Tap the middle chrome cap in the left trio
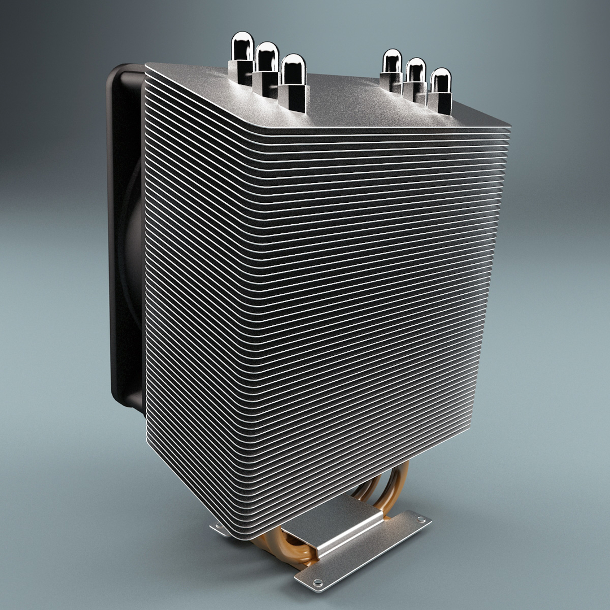(x=267, y=56)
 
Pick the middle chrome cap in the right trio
(x=416, y=69)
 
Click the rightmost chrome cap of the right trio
(x=441, y=80)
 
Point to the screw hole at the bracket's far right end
(x=420, y=518)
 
